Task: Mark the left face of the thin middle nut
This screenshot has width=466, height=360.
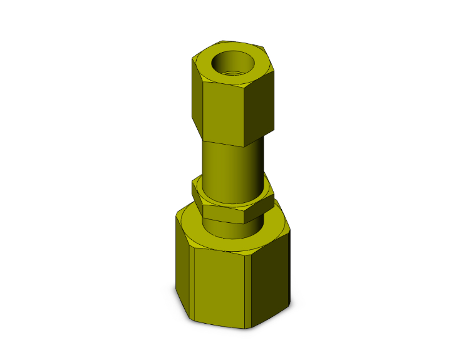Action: [x=197, y=198]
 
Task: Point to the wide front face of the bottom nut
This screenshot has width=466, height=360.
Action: [x=222, y=285]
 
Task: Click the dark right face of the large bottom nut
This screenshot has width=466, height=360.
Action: [x=271, y=282]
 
